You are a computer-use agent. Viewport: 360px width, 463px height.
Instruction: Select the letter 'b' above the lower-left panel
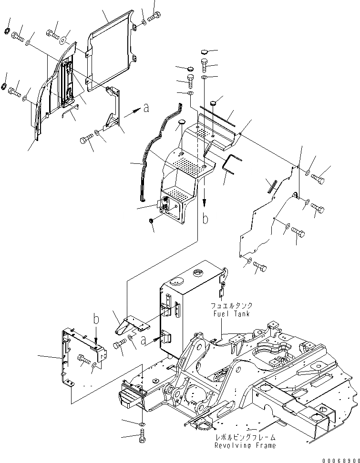tap(96, 320)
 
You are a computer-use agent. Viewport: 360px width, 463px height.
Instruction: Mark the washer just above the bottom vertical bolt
tap(142, 423)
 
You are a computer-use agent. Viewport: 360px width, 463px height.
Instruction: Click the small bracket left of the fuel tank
tap(131, 323)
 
